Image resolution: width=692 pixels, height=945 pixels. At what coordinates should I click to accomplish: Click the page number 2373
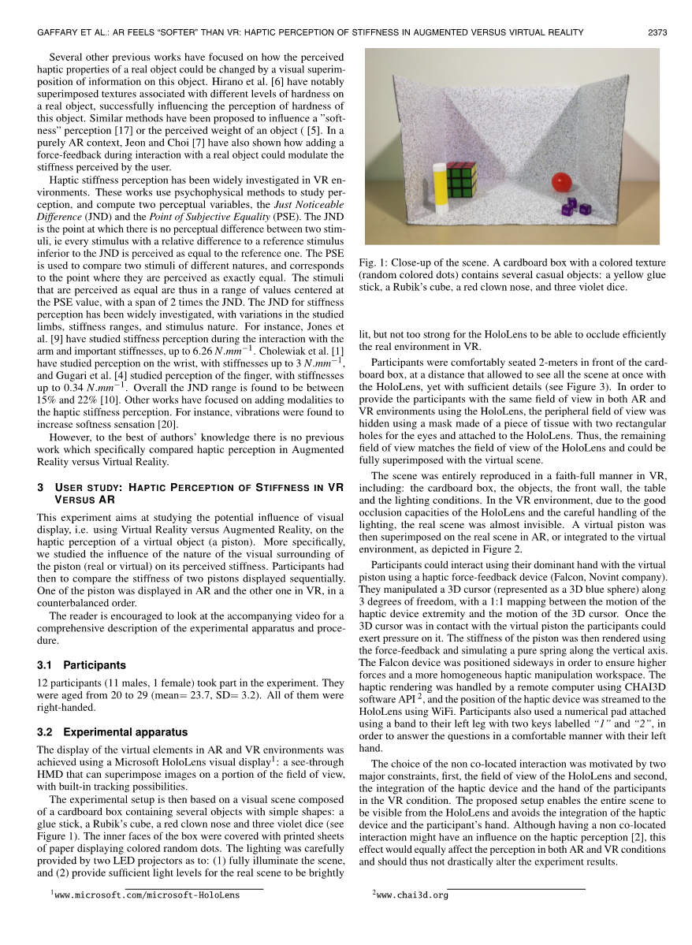coord(657,32)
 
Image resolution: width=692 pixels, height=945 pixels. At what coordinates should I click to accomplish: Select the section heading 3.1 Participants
coord(81,665)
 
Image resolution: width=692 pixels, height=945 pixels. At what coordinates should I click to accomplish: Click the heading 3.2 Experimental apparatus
coord(113,731)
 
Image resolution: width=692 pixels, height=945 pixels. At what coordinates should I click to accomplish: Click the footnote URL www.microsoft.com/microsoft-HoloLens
coord(146,895)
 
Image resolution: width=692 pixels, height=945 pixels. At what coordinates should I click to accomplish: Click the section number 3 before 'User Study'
coord(40,487)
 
